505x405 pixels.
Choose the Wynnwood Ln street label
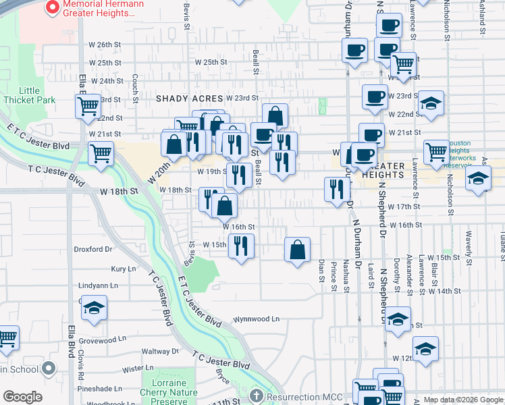pyautogui.click(x=256, y=319)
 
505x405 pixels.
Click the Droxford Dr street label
pyautogui.click(x=92, y=249)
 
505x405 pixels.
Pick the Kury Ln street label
pyautogui.click(x=123, y=269)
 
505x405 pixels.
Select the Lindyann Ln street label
pyautogui.click(x=98, y=286)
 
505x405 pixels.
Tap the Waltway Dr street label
pyautogui.click(x=160, y=351)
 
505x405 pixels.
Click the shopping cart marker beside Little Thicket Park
pyautogui.click(x=88, y=107)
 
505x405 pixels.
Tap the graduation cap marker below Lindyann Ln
pyautogui.click(x=94, y=308)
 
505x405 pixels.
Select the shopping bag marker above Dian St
pyautogui.click(x=297, y=250)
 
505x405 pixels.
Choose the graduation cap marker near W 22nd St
pyautogui.click(x=431, y=103)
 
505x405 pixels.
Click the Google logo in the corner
pyautogui.click(x=23, y=397)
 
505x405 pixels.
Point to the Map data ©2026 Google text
pyautogui.click(x=463, y=400)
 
